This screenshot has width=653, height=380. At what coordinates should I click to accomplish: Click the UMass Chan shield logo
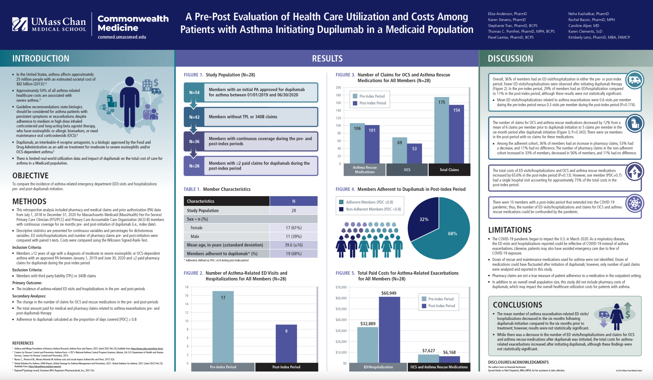[20, 24]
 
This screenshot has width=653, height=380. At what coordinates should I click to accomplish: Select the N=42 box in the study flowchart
[194, 117]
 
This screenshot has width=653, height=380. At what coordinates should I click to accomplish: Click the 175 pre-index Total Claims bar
[441, 131]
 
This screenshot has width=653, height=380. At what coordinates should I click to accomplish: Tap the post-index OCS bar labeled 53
[414, 153]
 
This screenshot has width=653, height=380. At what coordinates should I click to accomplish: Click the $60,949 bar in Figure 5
[389, 330]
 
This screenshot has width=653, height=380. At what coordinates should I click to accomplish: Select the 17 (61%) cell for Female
[294, 228]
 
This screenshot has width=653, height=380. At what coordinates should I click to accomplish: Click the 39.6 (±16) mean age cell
[294, 245]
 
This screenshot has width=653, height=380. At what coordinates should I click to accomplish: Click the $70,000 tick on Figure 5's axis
[341, 287]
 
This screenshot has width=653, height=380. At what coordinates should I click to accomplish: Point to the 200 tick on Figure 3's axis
[338, 87]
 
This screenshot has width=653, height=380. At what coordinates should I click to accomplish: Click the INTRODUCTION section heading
[41, 58]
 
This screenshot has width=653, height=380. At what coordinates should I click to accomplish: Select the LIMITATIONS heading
[510, 230]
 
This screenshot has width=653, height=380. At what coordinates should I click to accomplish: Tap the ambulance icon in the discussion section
[635, 80]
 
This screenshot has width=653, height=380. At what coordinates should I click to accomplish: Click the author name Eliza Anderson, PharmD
[507, 14]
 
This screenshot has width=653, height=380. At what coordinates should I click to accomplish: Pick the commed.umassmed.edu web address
[122, 37]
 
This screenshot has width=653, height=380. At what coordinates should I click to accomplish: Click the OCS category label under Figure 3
[407, 170]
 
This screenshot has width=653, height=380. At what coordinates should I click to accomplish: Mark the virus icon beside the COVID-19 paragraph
[634, 203]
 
